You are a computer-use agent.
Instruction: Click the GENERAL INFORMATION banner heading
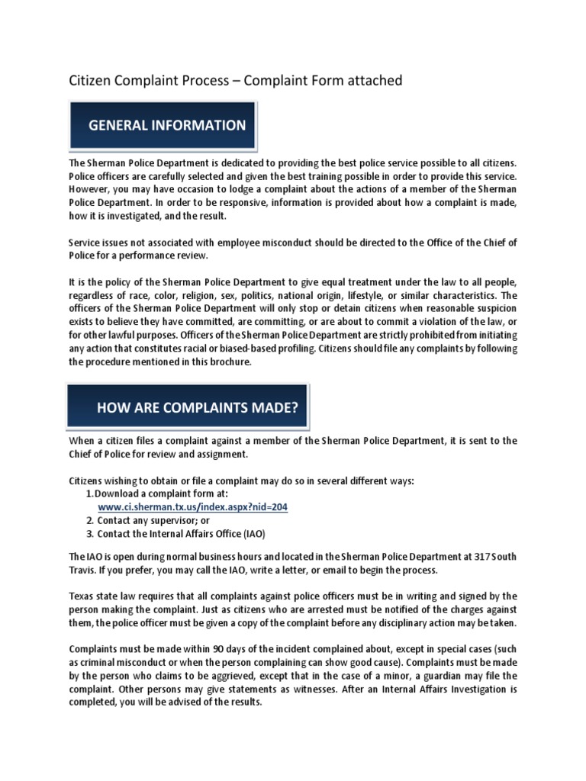point(166,125)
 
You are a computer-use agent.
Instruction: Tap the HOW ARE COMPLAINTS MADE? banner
point(197,407)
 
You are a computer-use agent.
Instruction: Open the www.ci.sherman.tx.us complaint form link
point(192,506)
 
